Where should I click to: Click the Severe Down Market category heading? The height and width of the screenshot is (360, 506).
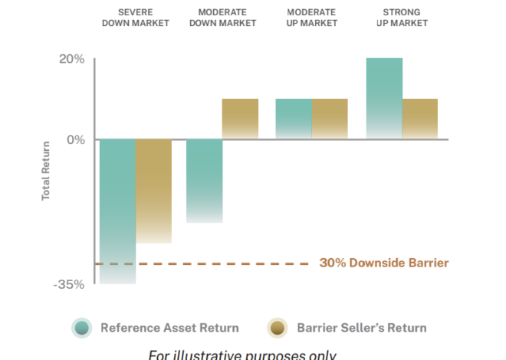135,18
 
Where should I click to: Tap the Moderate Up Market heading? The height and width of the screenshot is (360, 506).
312,18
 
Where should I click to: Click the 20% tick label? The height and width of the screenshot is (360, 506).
71,60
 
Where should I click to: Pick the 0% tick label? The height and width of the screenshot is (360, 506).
75,139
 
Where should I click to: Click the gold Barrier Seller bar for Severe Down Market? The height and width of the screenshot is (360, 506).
153,191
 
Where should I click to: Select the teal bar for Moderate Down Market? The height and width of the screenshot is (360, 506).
205,181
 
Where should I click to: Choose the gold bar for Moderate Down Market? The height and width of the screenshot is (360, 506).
240,119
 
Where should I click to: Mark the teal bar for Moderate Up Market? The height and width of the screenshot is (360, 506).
294,119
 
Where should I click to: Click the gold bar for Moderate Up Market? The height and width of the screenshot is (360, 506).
330,119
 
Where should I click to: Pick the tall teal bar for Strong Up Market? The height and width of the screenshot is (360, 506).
384,99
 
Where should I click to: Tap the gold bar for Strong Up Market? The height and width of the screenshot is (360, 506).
419,119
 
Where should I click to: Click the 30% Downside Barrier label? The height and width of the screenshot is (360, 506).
383,263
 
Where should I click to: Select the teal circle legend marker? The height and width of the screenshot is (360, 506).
82,328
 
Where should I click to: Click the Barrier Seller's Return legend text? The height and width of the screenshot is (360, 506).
361,328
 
